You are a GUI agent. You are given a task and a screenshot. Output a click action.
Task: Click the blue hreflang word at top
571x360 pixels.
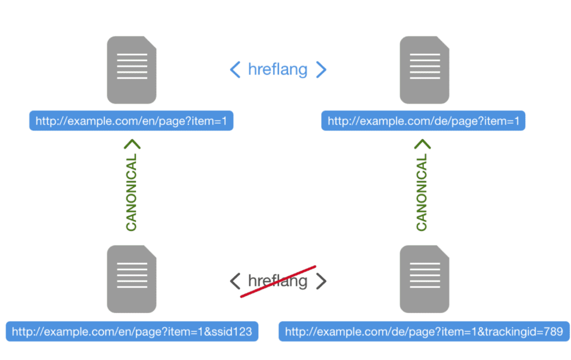pos(278,70)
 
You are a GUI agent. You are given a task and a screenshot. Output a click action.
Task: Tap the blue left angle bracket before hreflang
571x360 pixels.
pos(235,70)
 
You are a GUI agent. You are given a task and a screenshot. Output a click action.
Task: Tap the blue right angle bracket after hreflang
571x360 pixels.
pos(321,70)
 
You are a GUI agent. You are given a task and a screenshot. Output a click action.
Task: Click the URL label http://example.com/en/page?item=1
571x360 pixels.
pos(131,120)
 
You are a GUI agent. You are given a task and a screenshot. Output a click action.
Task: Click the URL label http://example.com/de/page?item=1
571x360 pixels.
pos(423,120)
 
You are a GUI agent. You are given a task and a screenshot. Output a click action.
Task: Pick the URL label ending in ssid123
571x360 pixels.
pos(132,332)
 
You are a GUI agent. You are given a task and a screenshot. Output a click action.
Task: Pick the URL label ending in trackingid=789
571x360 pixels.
pos(424,332)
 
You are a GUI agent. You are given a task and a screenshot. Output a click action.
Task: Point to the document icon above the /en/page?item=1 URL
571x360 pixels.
pos(132,70)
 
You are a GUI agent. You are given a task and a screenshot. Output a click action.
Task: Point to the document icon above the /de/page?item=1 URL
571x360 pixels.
pos(424,70)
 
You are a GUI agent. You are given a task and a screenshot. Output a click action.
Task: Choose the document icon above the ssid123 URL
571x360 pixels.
pos(132,279)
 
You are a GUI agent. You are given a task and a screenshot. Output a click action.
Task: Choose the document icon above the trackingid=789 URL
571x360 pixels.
pos(424,279)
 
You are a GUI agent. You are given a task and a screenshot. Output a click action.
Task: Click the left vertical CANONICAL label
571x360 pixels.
pos(132,193)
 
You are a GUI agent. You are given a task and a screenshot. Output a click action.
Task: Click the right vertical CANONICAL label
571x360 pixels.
pos(422,193)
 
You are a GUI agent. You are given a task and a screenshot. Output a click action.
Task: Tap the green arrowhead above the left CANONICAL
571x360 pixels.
pos(132,144)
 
